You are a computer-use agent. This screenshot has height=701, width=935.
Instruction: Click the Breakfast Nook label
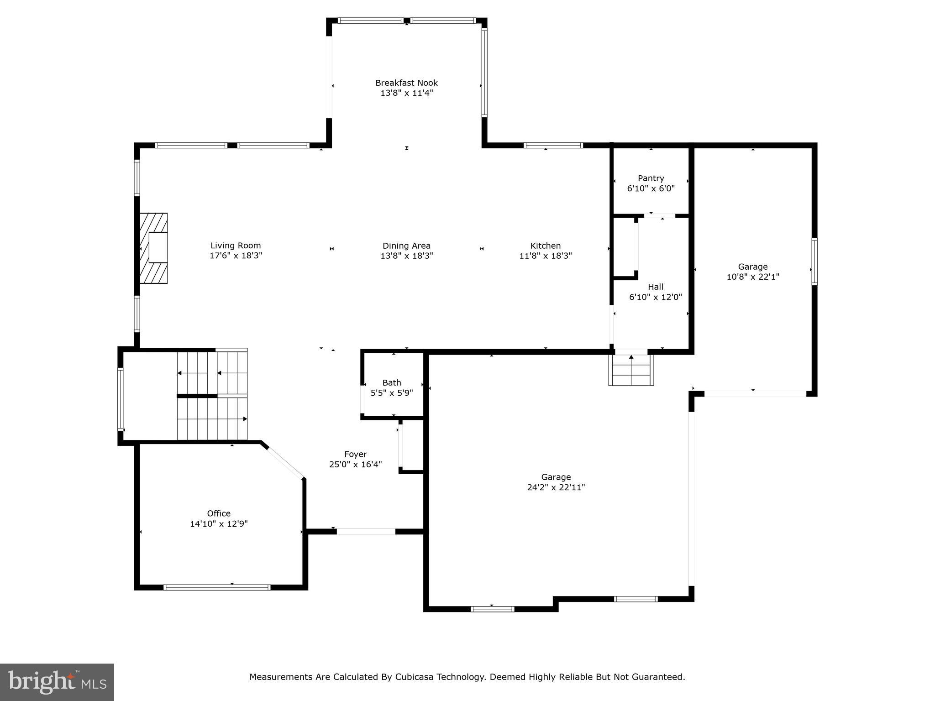pos(406,83)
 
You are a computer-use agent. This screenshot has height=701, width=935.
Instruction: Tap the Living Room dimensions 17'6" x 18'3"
pos(236,256)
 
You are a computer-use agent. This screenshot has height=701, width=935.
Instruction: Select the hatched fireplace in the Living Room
pos(154,248)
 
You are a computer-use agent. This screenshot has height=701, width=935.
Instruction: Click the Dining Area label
pos(406,246)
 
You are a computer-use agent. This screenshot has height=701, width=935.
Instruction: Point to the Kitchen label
pos(545,246)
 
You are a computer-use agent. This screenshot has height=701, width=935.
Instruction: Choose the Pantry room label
pos(651,178)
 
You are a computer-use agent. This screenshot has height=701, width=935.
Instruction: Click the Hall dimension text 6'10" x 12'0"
pos(656,297)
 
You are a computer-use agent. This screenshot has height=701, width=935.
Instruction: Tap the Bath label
pos(392,382)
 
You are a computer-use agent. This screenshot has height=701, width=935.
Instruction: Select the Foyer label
pos(355,454)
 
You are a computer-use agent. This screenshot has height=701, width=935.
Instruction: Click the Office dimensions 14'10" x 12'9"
pos(219,523)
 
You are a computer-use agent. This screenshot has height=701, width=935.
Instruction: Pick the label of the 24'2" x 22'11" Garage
pos(556,477)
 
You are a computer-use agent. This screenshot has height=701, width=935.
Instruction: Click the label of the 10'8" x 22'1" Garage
pos(752,267)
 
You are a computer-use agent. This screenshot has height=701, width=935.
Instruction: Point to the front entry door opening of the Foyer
pos(366,531)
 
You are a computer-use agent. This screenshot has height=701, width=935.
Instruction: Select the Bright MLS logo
pos(57,682)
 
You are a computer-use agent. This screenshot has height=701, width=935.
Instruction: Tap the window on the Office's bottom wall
pos(217,587)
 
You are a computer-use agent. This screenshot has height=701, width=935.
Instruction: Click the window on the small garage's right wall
pos(814,262)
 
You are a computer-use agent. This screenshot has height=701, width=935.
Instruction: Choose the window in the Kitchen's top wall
pos(553,146)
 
